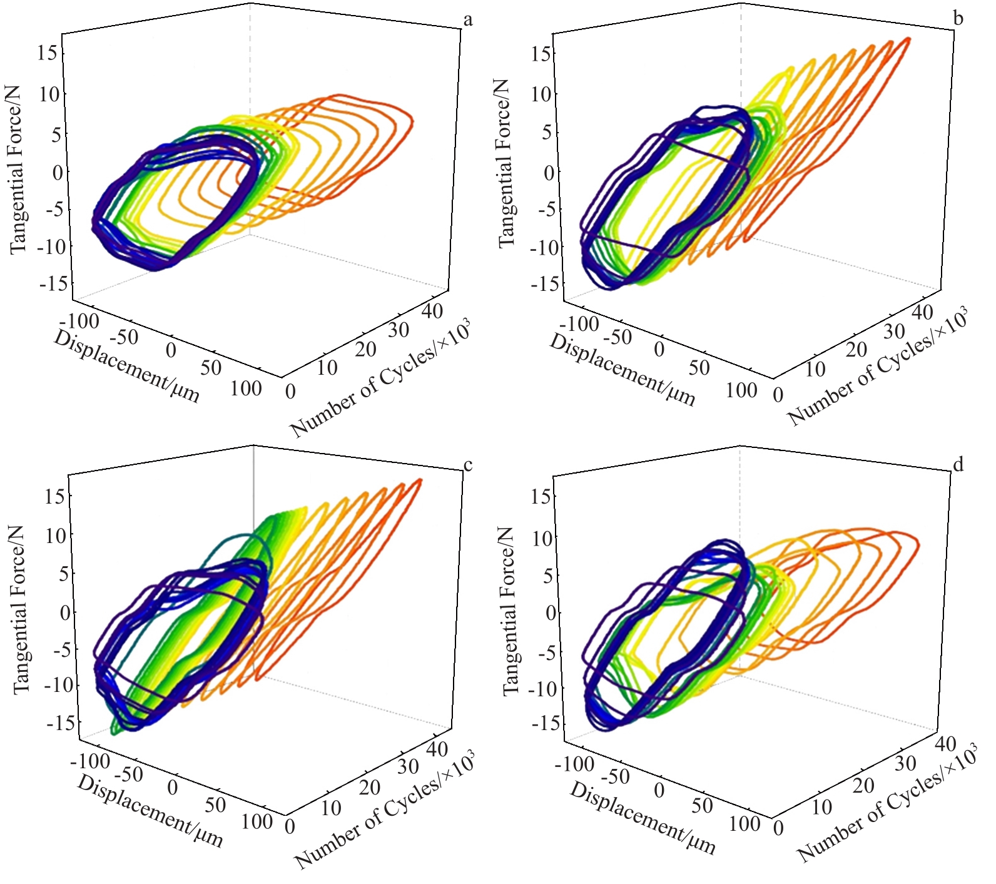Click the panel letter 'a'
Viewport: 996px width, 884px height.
click(467, 21)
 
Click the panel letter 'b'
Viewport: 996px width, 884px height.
click(958, 19)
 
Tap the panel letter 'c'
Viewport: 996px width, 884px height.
click(467, 465)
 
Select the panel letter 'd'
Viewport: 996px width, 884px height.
click(957, 464)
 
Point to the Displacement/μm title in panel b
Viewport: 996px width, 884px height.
click(622, 370)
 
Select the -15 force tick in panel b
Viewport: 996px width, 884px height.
click(542, 284)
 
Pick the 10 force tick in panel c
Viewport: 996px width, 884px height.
click(55, 536)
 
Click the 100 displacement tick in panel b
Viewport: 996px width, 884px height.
click(741, 390)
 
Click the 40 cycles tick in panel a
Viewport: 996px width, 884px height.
click(432, 310)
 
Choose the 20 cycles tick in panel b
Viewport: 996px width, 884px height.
click(856, 349)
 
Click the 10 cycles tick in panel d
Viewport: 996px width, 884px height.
click(821, 807)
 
